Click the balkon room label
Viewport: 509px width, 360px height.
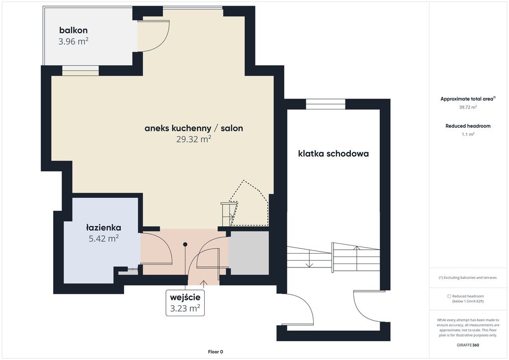coord(74,30)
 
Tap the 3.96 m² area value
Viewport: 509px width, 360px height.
coord(74,41)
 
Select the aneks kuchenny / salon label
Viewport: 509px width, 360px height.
coord(194,128)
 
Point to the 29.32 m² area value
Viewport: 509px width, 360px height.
coord(194,139)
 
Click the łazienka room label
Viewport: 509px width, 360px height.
coord(103,228)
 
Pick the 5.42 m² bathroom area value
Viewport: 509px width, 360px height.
coord(103,239)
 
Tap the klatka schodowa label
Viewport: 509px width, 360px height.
coord(334,154)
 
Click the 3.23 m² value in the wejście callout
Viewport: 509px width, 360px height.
coord(185,308)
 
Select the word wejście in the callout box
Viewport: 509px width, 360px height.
coord(185,297)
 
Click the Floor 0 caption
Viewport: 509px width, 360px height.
coord(216,352)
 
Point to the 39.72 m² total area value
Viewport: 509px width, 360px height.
coord(468,107)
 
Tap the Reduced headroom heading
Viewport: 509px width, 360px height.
coord(468,126)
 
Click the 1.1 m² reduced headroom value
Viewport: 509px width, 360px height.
coord(468,134)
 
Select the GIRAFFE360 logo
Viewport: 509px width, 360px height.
coord(468,345)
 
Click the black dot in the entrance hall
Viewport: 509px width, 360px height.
coord(185,245)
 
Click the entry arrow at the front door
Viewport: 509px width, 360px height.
coord(203,284)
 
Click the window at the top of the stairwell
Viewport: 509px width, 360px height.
coord(326,104)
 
